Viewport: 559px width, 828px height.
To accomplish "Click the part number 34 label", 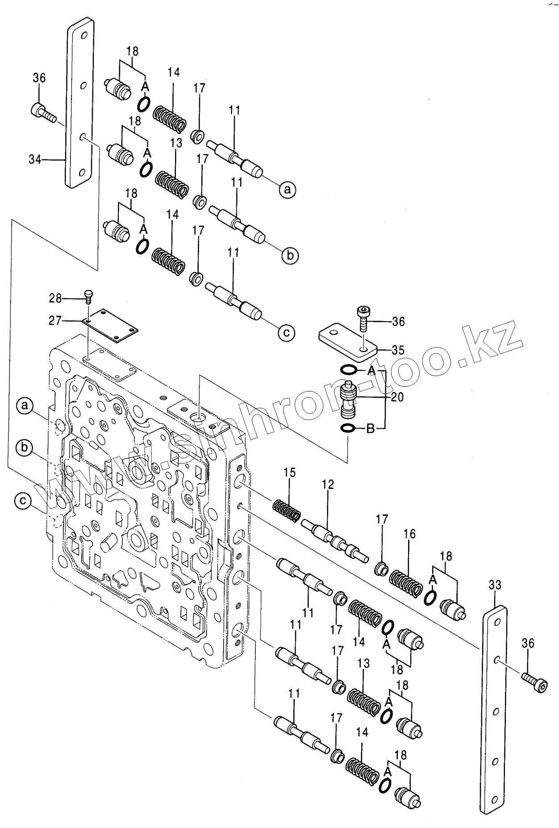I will [35, 159].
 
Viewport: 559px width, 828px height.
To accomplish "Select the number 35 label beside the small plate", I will [387, 349].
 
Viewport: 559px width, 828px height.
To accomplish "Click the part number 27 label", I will [56, 320].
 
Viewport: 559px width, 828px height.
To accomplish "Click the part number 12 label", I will [328, 485].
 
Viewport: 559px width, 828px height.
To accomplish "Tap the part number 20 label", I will [397, 396].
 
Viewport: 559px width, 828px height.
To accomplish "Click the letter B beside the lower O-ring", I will [370, 429].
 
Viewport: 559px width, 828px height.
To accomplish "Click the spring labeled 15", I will [287, 509].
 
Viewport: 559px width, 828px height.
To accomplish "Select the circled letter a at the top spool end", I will [288, 190].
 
